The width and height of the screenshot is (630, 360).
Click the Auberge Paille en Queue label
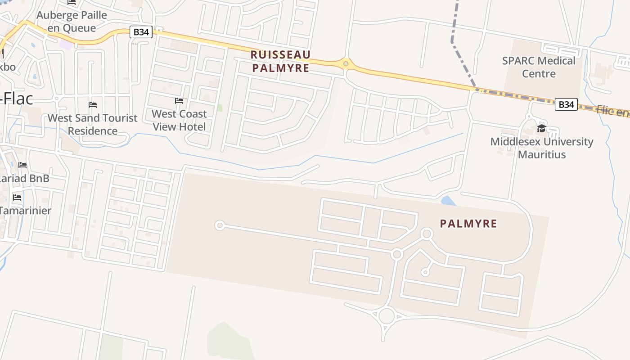point(72,21)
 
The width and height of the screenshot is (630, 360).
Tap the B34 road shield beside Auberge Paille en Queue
point(141,32)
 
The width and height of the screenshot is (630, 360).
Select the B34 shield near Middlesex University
point(566,104)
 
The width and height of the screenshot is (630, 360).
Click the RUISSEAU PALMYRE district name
point(280,61)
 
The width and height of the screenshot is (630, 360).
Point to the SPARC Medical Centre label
point(539,67)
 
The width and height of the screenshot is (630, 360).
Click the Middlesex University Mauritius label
point(541,148)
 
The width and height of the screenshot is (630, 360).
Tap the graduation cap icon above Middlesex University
point(541,129)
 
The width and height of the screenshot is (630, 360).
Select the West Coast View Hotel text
point(179,120)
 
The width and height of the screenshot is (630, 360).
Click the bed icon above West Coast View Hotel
point(179,101)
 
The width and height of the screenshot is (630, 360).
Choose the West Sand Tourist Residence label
point(92,124)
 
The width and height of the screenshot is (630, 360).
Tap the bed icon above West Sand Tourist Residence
point(93,105)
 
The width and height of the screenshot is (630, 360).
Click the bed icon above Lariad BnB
point(22,165)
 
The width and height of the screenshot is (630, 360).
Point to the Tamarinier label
point(25,210)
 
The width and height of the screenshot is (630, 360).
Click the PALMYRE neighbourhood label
point(468,224)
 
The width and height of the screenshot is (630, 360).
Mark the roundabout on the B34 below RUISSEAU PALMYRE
point(346,64)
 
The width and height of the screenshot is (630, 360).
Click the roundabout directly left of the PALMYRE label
point(427,234)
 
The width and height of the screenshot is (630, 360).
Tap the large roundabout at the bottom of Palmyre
point(386,316)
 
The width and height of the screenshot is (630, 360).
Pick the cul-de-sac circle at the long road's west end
point(220,225)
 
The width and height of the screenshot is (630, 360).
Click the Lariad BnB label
point(24,178)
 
